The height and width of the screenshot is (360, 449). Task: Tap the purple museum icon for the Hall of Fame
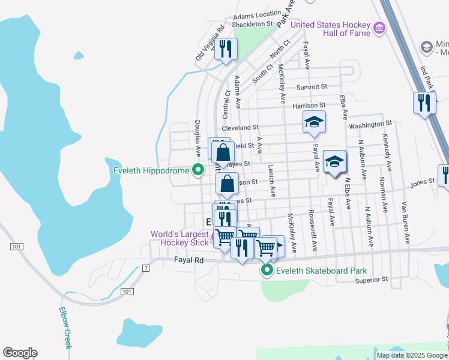pos(379,28)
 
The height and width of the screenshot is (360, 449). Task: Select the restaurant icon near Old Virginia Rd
pos(226,49)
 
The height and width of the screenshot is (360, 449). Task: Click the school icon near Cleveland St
pos(313,122)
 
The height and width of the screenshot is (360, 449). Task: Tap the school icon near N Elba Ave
pos(334,161)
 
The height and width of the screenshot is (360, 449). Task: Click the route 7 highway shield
pos(145,267)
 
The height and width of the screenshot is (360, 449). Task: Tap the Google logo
pos(20,353)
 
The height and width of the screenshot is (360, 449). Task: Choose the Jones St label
pos(422,181)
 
